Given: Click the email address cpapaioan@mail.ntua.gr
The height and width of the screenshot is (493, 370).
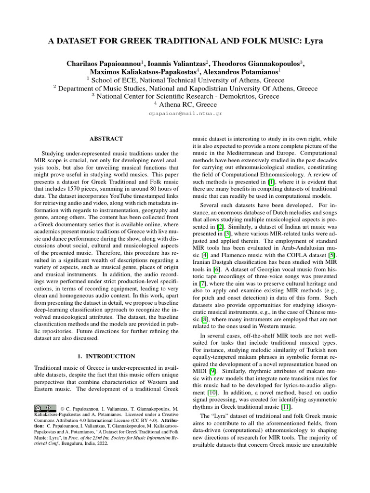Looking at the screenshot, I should pos(185,114).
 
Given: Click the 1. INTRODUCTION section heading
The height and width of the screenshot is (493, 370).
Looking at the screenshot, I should pos(106,356).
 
